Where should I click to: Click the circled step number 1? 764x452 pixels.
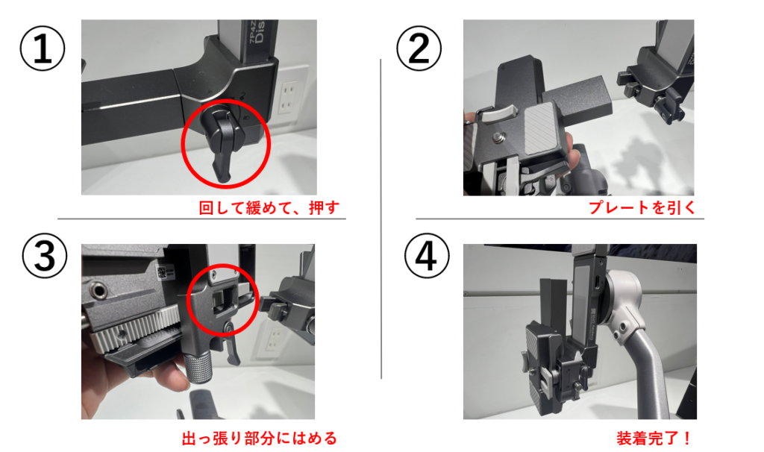43,48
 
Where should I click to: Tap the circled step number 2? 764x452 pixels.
419,48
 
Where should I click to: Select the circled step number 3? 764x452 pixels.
44,256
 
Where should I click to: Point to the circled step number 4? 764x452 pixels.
426,256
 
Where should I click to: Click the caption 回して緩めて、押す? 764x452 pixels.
269,208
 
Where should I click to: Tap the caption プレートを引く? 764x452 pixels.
642,208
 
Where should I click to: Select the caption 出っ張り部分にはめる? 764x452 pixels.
259,439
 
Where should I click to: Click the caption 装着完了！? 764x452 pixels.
654,439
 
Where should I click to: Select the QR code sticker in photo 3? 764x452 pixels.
162,271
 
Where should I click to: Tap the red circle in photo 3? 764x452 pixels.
222,266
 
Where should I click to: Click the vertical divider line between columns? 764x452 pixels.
381,219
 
